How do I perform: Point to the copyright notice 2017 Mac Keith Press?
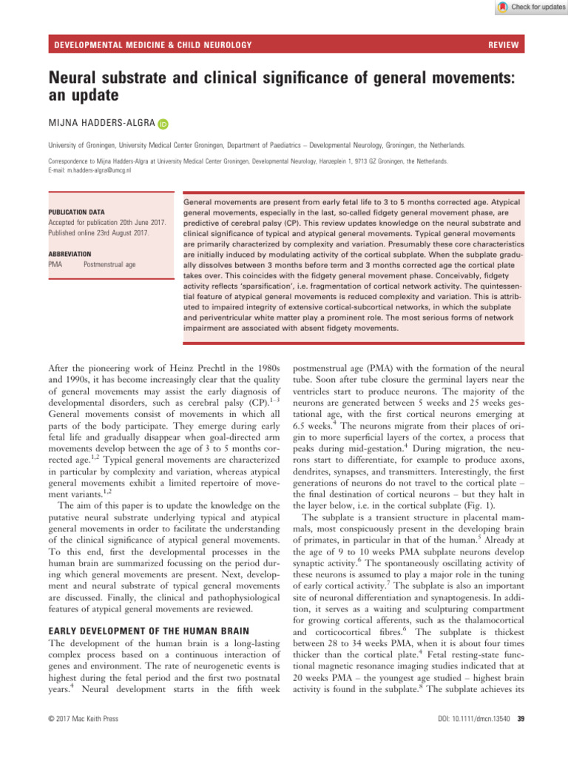[81, 741]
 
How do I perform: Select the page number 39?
[518, 741]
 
